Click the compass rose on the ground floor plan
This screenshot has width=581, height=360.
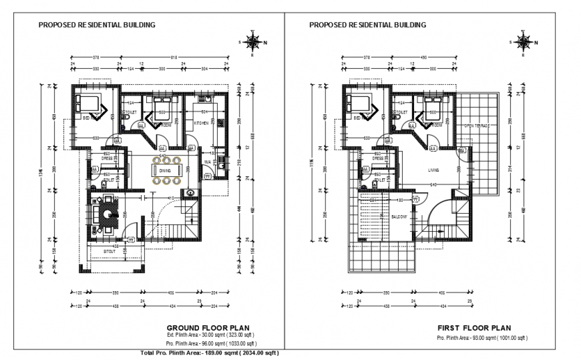point(253,42)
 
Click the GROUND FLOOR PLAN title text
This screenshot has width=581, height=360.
point(210,327)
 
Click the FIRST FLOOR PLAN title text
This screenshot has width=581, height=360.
point(474,328)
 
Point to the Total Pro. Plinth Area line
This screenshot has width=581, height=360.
point(210,353)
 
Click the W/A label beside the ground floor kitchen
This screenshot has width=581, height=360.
point(207,162)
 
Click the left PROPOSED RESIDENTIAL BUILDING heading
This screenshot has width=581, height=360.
point(97,25)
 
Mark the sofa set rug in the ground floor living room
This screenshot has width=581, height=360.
point(105,214)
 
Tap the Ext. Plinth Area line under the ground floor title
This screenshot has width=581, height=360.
point(211,335)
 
